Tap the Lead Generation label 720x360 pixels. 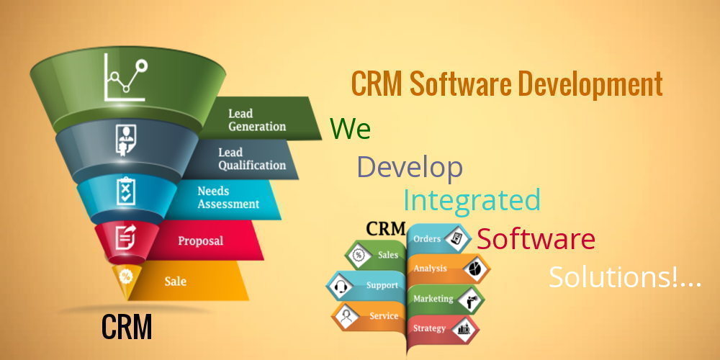(257, 120)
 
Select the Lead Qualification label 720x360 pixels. (251, 159)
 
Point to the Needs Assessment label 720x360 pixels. (228, 197)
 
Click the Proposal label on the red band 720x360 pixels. (201, 240)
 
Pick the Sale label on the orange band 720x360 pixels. (176, 281)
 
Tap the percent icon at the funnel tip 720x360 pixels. (125, 276)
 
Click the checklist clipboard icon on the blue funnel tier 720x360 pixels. (126, 191)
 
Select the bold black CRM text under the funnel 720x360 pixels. (127, 326)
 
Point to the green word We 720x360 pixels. (350, 129)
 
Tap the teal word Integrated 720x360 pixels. (472, 200)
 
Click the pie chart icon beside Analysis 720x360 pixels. (474, 269)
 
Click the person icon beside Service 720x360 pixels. (344, 316)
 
